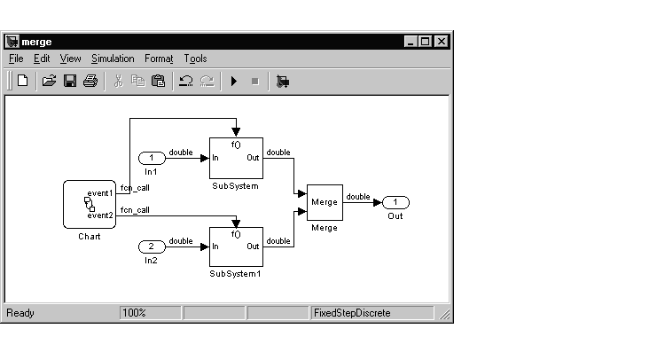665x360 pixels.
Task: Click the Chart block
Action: pyautogui.click(x=90, y=205)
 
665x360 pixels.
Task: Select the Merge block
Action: pyautogui.click(x=325, y=202)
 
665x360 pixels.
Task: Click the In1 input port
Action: pyautogui.click(x=152, y=159)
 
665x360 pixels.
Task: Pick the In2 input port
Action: pyautogui.click(x=152, y=246)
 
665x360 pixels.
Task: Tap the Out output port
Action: pyautogui.click(x=395, y=202)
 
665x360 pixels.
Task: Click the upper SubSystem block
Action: pyautogui.click(x=236, y=159)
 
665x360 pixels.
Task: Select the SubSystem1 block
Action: pyautogui.click(x=236, y=246)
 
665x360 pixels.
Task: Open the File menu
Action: pyautogui.click(x=16, y=59)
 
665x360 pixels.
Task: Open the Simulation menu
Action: pyautogui.click(x=113, y=59)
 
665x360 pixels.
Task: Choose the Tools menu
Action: pyautogui.click(x=196, y=59)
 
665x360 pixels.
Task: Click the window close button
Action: pyautogui.click(x=442, y=42)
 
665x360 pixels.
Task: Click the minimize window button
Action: pyautogui.click(x=411, y=42)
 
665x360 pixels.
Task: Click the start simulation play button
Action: pyautogui.click(x=234, y=82)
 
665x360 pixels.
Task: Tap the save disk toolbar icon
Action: pyautogui.click(x=70, y=82)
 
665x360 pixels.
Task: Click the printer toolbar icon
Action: pyautogui.click(x=90, y=82)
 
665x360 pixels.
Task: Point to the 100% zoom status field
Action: pyautogui.click(x=135, y=313)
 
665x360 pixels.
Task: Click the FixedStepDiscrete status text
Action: pyautogui.click(x=352, y=313)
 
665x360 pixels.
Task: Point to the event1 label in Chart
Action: pyautogui.click(x=99, y=192)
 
